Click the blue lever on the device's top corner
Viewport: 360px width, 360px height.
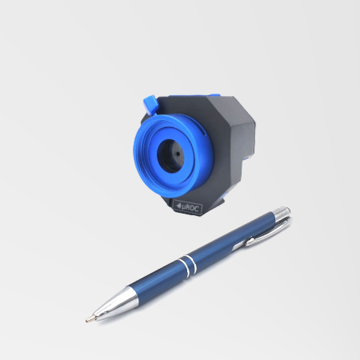(150, 105)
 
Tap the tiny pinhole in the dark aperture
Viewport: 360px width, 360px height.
(177, 154)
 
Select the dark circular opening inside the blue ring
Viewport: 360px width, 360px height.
(170, 155)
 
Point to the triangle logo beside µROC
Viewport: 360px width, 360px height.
(178, 206)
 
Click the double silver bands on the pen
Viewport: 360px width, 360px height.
(189, 265)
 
